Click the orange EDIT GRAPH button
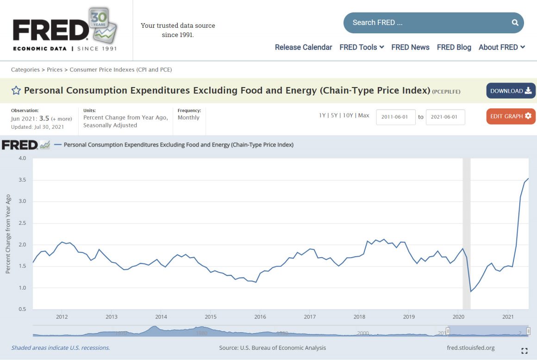(511, 116)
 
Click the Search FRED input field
(426, 23)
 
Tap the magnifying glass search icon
(515, 23)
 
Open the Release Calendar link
(303, 47)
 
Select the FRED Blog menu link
(454, 47)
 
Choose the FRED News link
(410, 47)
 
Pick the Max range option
(363, 115)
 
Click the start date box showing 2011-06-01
(395, 117)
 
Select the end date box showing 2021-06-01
(445, 117)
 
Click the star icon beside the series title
(16, 91)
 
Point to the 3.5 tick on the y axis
(22, 180)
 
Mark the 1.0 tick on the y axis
(22, 288)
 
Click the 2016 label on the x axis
(260, 317)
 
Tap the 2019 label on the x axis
(409, 317)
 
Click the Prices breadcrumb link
(55, 69)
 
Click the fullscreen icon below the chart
(525, 351)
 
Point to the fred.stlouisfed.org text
(471, 348)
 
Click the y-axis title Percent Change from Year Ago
(8, 234)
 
